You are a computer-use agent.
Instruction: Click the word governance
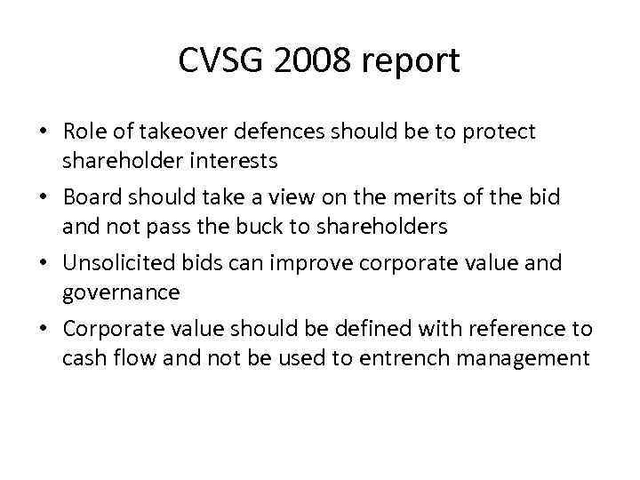[x=121, y=293]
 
